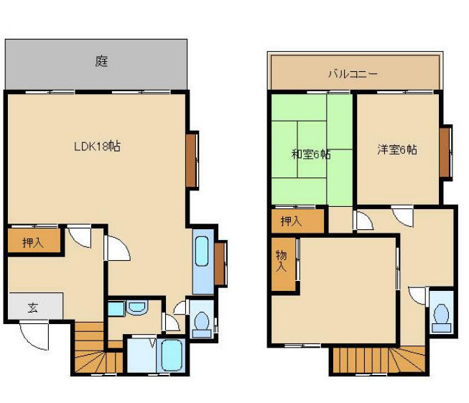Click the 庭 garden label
(x=101, y=62)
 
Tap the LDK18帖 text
(x=97, y=146)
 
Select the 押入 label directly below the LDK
(x=32, y=242)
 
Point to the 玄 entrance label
(x=32, y=307)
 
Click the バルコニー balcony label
(x=353, y=73)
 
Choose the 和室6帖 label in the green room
(x=310, y=154)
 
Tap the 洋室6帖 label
(x=398, y=149)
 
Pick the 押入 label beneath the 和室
(x=291, y=221)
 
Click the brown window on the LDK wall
(x=192, y=160)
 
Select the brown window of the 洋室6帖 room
(x=446, y=152)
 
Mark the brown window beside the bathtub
(x=220, y=264)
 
